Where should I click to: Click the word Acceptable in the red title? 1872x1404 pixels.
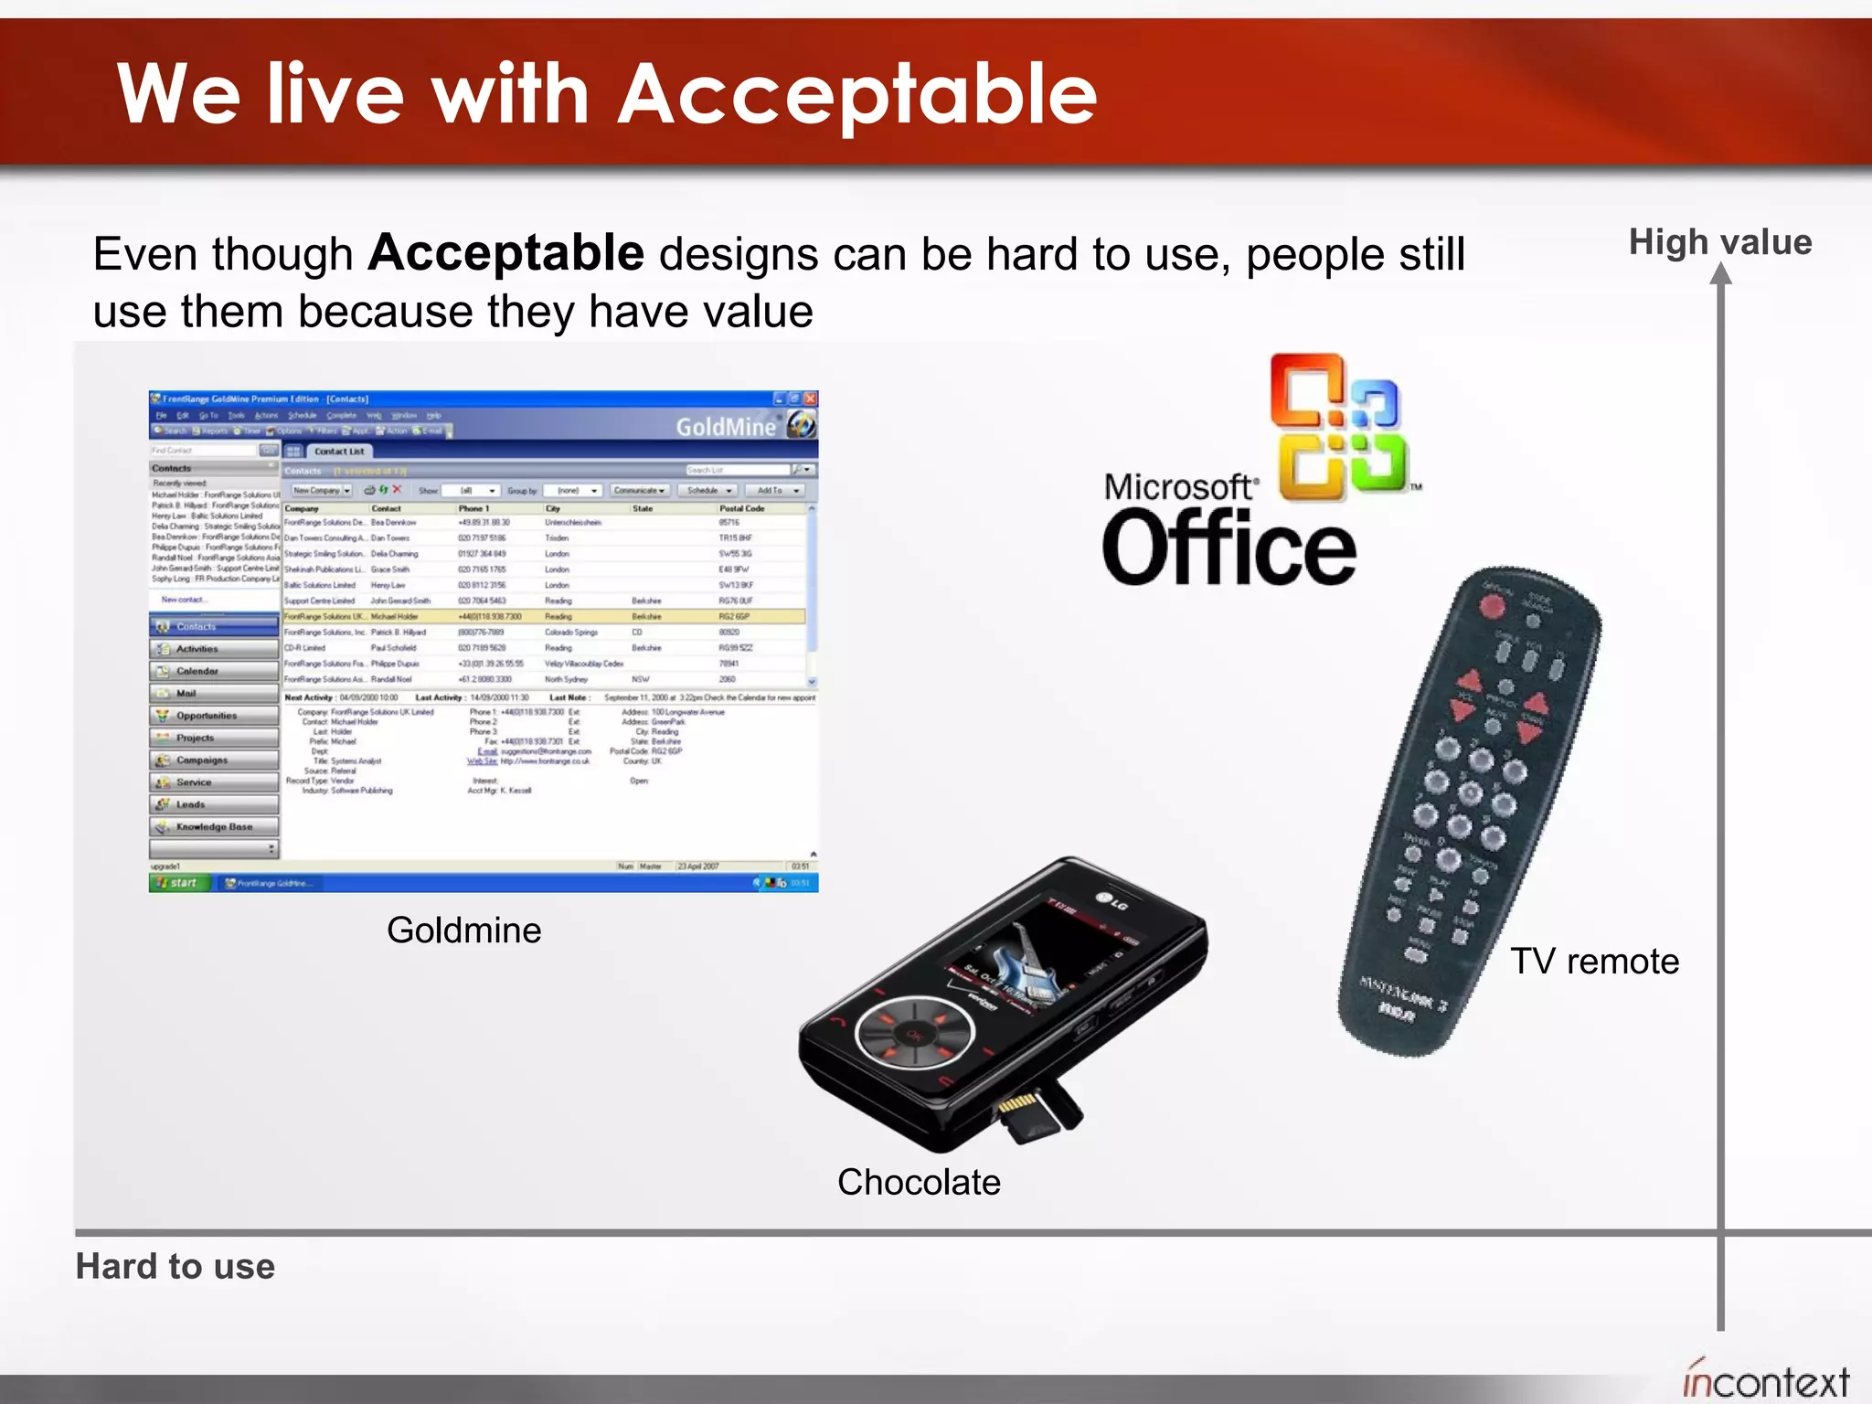click(857, 94)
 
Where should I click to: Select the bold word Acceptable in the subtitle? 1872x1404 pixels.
click(505, 253)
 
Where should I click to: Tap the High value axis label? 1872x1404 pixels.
click(1719, 242)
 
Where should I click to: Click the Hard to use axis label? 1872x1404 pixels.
click(175, 1266)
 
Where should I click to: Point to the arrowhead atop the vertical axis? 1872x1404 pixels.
click(1720, 274)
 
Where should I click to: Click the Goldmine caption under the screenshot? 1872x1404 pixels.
click(463, 931)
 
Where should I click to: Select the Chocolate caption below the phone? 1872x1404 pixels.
click(919, 1182)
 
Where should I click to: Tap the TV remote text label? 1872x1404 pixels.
click(1594, 962)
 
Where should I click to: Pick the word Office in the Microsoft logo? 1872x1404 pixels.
click(1228, 548)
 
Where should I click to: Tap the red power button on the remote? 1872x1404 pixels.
click(1493, 605)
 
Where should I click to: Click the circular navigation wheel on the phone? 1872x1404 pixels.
click(915, 1034)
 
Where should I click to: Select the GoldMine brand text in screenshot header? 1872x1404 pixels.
click(725, 427)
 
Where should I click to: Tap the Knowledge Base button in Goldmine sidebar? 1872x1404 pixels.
click(213, 826)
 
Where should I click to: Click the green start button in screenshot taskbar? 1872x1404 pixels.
click(179, 883)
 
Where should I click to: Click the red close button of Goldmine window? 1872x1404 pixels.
click(810, 399)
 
